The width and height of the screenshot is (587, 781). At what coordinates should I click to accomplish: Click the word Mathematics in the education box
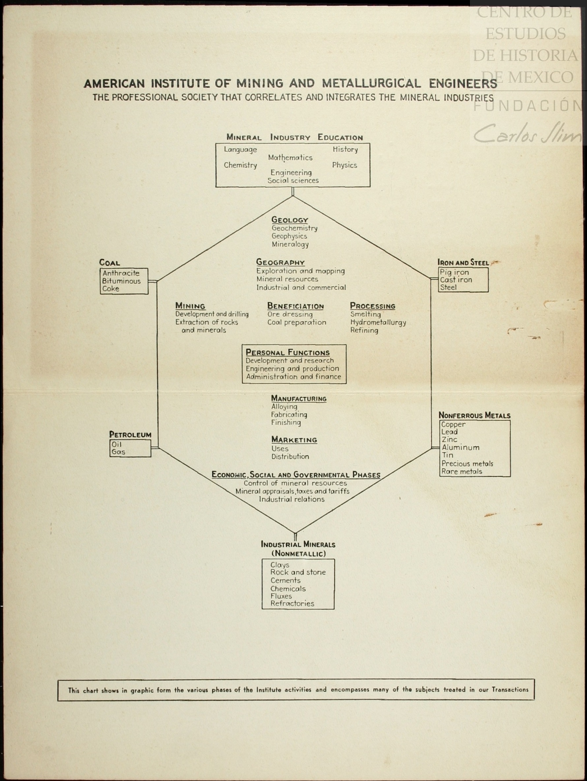[290, 157]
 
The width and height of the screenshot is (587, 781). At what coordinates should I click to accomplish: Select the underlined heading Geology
[290, 220]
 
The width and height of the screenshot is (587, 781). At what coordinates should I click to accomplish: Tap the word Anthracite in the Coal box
[121, 273]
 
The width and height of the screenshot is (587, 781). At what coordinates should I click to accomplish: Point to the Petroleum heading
[130, 434]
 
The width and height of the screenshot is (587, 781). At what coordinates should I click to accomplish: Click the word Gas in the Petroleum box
[118, 452]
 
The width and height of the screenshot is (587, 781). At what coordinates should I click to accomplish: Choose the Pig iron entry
[454, 272]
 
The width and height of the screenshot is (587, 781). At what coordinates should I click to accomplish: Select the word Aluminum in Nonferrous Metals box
[460, 447]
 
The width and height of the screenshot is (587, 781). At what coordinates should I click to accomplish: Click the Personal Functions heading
[288, 352]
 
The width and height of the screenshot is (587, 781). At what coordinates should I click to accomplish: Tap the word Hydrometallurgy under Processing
[378, 322]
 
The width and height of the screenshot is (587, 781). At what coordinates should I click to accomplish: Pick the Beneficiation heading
[295, 306]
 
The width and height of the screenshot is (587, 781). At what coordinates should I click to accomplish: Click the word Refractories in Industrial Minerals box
[292, 603]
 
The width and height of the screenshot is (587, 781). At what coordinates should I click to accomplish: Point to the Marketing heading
[294, 439]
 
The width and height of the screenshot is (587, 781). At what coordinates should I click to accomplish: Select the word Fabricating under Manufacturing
[289, 414]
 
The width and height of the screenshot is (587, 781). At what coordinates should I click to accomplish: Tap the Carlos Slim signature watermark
[527, 134]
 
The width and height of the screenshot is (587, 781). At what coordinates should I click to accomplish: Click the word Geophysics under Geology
[289, 236]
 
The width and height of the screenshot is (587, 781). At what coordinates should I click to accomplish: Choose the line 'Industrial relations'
[292, 499]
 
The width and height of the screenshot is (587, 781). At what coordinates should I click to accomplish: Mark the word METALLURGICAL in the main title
[371, 84]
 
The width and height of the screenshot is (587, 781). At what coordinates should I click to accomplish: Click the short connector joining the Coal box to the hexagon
[152, 281]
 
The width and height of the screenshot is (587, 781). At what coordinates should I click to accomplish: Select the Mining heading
[190, 306]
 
